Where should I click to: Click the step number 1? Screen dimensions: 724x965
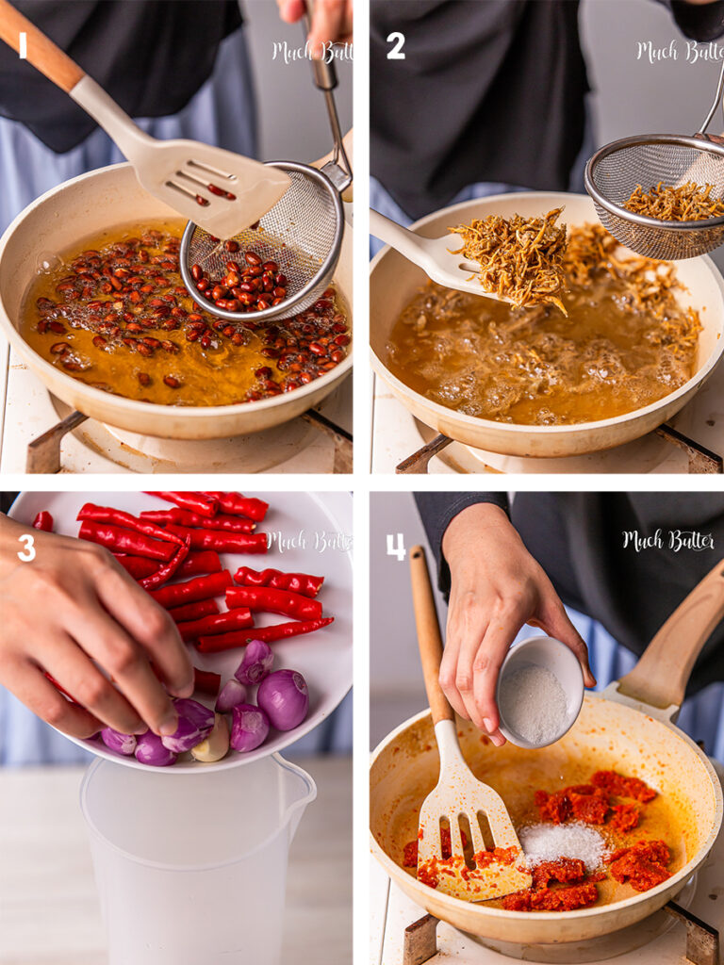click(23, 45)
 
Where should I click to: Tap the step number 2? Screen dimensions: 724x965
click(396, 45)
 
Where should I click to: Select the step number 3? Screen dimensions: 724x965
click(26, 548)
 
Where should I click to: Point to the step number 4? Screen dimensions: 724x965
click(396, 547)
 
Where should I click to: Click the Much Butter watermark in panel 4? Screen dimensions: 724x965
click(668, 541)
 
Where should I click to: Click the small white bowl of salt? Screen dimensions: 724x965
click(540, 692)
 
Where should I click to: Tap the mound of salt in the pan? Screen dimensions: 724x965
click(563, 843)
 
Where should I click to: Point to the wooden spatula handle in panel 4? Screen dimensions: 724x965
click(430, 635)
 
